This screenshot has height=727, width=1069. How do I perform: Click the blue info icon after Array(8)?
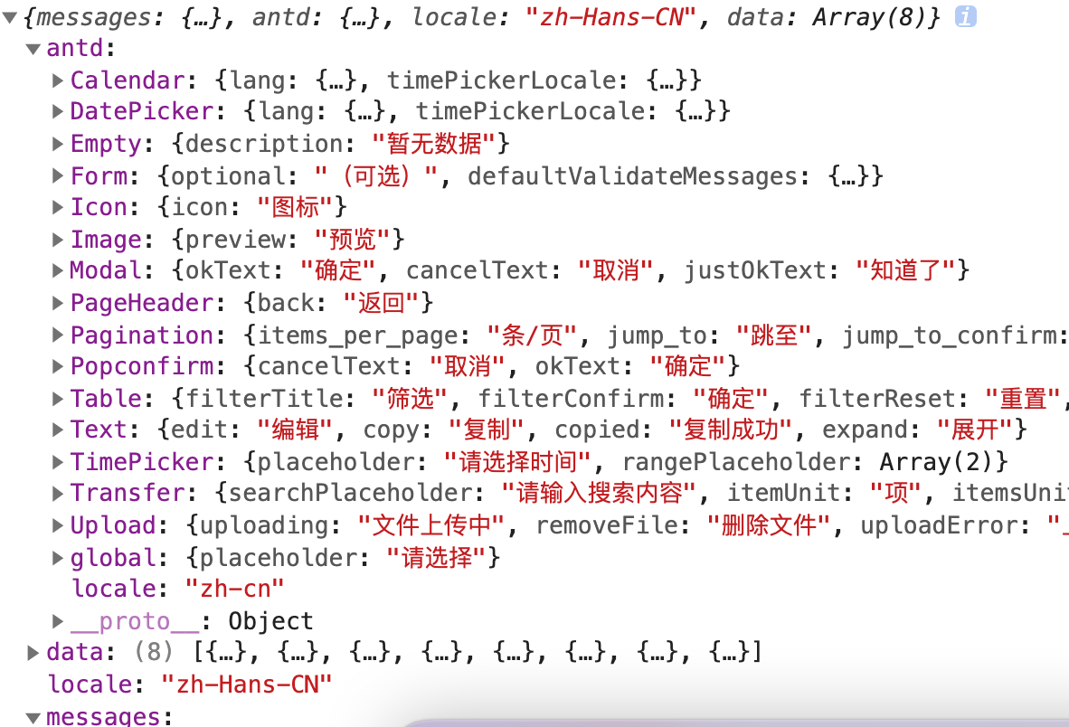966,16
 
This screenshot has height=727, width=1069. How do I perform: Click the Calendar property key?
128,80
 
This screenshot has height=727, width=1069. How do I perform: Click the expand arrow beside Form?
58,175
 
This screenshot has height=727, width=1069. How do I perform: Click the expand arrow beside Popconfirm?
58,367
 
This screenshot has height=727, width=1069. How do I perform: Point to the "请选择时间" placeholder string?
517,462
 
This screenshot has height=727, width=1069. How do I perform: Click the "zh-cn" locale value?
234,589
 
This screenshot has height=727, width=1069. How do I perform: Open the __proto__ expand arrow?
58,621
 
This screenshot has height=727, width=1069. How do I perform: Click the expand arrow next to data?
33,652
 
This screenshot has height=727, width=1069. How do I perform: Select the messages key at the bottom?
102,717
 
